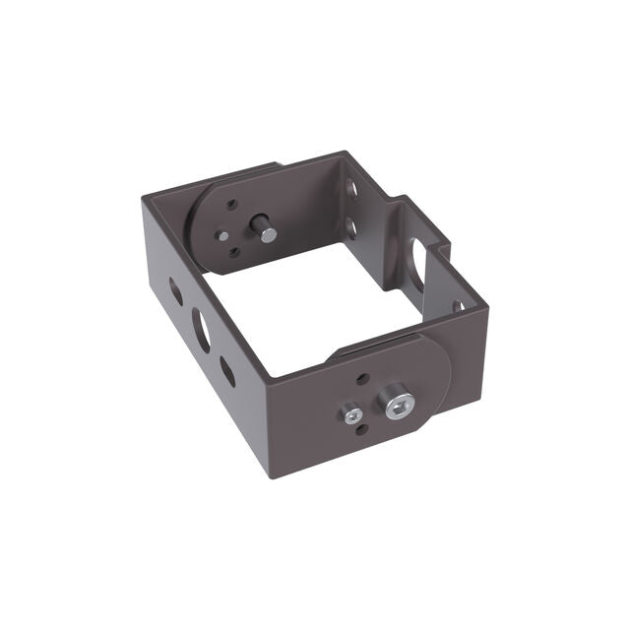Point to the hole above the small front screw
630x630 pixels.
click(363, 378)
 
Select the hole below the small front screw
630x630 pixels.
click(361, 429)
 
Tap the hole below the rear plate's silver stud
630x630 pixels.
click(234, 253)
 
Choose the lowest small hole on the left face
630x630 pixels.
click(227, 371)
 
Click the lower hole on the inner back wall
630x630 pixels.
click(351, 228)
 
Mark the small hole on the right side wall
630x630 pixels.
click(459, 306)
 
